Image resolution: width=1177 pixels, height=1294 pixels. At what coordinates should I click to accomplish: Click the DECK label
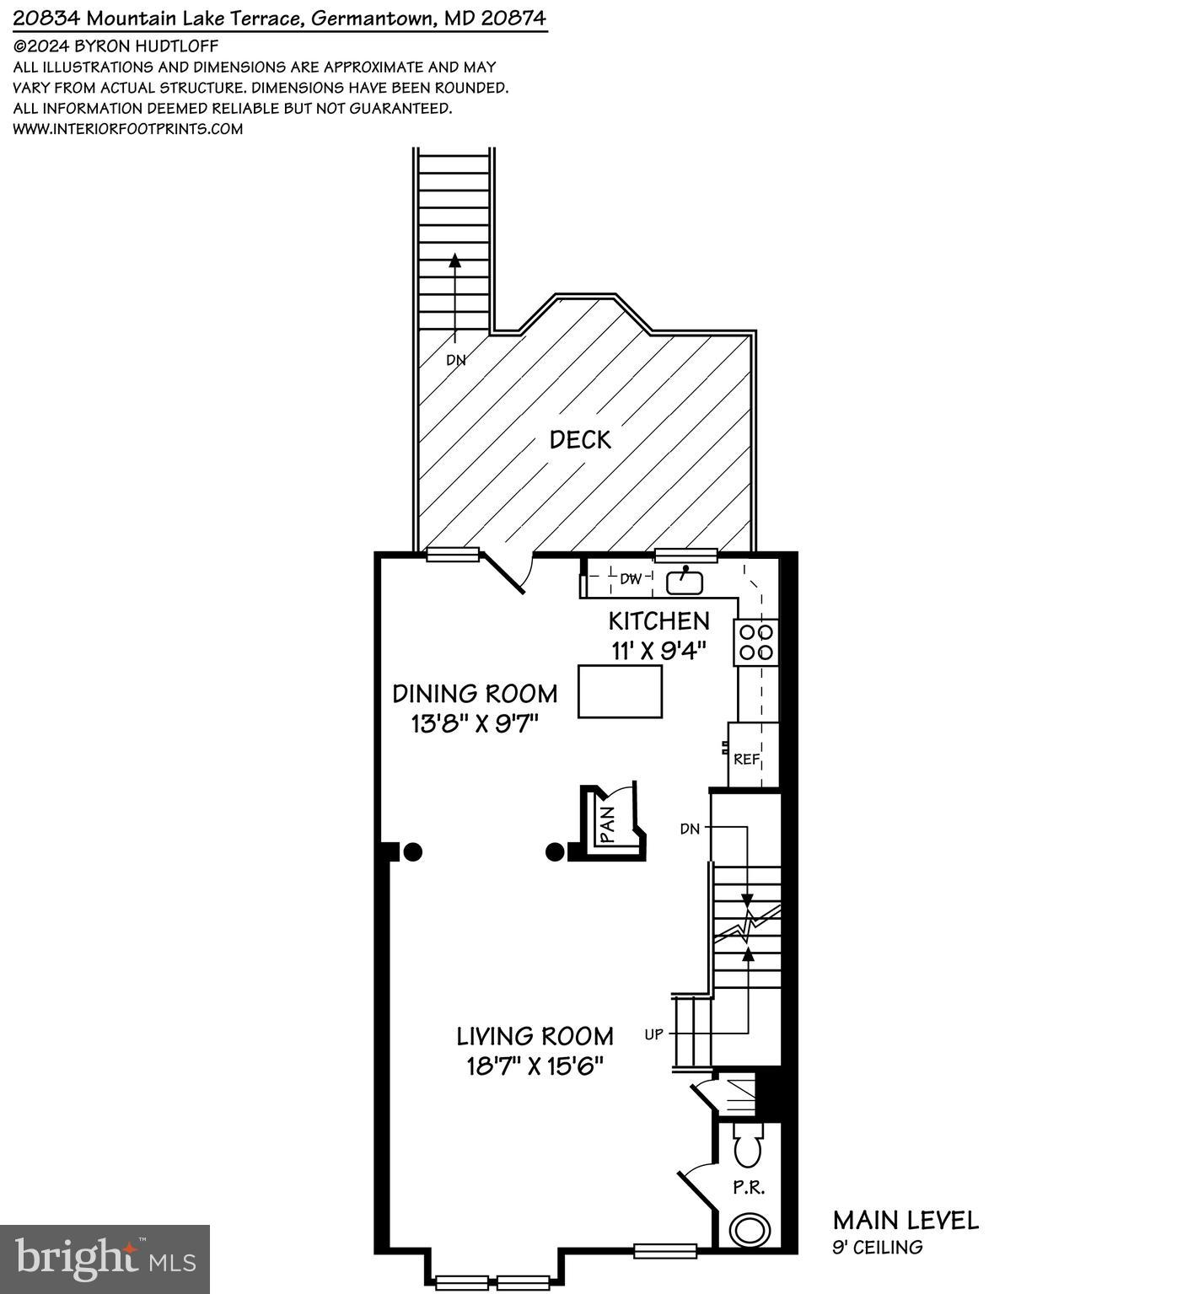pyautogui.click(x=580, y=439)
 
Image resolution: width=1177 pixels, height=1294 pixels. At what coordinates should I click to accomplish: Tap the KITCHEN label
pyautogui.click(x=658, y=621)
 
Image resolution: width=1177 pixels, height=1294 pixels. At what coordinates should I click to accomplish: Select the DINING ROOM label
pyautogui.click(x=475, y=694)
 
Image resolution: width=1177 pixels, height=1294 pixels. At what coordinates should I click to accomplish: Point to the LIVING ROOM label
pyautogui.click(x=535, y=1036)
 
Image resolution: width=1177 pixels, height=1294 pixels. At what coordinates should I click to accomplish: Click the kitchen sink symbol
pyautogui.click(x=685, y=581)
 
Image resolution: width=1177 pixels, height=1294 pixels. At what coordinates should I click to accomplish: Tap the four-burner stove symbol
pyautogui.click(x=756, y=642)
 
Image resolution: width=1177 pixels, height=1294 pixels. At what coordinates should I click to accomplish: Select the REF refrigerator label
pyautogui.click(x=746, y=759)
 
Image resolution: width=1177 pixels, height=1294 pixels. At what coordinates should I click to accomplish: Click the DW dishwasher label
pyautogui.click(x=631, y=579)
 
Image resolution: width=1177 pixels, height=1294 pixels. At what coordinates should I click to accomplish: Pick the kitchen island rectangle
pyautogui.click(x=620, y=691)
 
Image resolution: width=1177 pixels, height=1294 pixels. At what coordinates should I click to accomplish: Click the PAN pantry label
pyautogui.click(x=609, y=823)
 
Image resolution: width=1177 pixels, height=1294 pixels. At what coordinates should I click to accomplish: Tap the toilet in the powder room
pyautogui.click(x=747, y=1145)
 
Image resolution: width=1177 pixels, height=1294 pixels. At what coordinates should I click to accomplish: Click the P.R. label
pyautogui.click(x=748, y=1188)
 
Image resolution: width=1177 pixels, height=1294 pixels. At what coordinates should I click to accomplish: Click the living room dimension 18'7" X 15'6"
pyautogui.click(x=535, y=1066)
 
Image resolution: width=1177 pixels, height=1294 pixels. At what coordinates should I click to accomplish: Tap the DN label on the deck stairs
pyautogui.click(x=455, y=360)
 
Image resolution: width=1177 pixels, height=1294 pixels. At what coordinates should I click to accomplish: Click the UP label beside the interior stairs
pyautogui.click(x=654, y=1034)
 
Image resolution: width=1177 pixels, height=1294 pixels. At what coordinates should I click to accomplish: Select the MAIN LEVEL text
pyautogui.click(x=906, y=1220)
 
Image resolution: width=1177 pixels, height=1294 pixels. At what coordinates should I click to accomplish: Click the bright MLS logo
pyautogui.click(x=105, y=1259)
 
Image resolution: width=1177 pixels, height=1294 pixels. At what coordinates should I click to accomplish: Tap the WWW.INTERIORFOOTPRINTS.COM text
pyautogui.click(x=128, y=129)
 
